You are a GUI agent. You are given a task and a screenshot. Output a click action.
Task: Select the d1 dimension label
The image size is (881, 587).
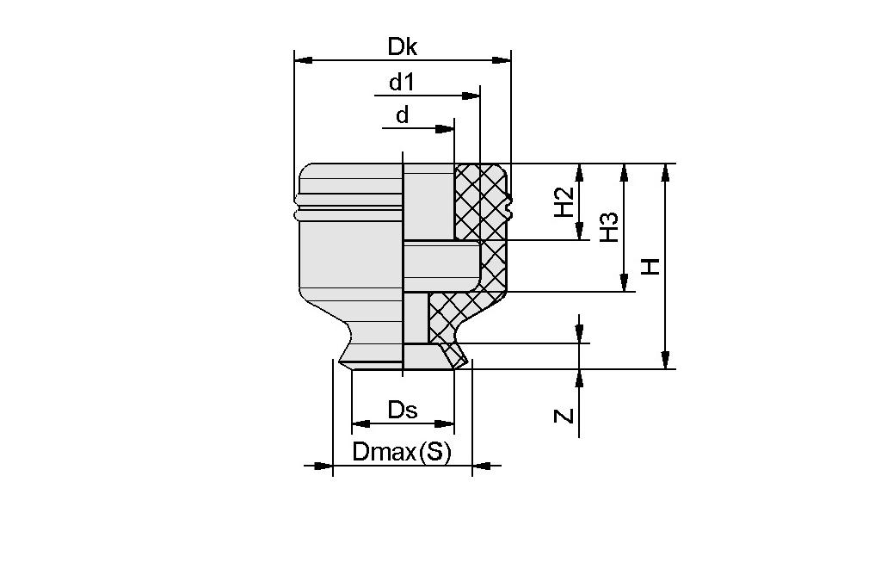click(x=402, y=83)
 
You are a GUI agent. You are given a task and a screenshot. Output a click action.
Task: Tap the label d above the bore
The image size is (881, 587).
click(x=402, y=115)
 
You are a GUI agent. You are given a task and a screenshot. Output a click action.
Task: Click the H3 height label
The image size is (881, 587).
click(x=609, y=227)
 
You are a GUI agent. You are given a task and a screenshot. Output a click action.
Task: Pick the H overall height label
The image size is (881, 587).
click(x=651, y=266)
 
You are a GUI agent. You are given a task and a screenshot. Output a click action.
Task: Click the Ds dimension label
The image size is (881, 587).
click(x=402, y=410)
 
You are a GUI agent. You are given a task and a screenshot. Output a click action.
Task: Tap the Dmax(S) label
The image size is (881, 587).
click(x=402, y=452)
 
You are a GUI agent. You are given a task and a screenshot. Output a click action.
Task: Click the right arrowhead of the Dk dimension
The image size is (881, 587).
click(x=502, y=60)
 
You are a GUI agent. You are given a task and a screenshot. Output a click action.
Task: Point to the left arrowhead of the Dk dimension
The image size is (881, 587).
click(x=304, y=60)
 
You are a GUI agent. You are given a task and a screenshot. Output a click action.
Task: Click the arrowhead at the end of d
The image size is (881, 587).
click(x=445, y=129)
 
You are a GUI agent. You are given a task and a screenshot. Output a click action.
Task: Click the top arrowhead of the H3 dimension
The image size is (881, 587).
click(x=625, y=172)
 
